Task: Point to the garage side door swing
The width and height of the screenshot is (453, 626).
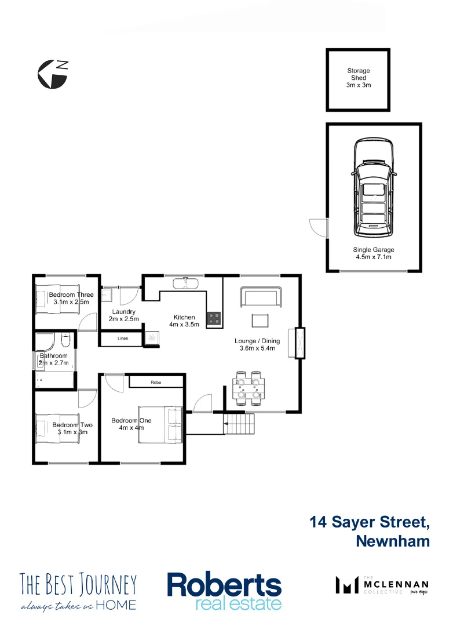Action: coord(318,227)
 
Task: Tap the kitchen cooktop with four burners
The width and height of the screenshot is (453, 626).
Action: coord(214,318)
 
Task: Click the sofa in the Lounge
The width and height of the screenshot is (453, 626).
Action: coord(261,298)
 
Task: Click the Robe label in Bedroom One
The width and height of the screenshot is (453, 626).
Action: coord(156,383)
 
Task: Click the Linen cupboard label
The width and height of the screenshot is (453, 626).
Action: coord(122,339)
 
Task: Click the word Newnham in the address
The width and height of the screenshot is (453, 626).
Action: coord(393,541)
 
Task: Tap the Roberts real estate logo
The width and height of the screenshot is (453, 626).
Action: coord(224,591)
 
